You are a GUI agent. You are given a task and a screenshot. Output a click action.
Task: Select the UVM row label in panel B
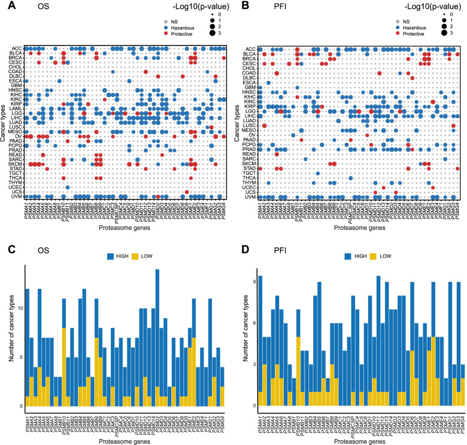pyautogui.click(x=251, y=197)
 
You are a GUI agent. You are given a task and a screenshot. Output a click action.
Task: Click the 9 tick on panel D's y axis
pyautogui.click(x=254, y=280)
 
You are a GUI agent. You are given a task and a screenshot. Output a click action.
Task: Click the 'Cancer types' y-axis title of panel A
pyautogui.click(x=5, y=122)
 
